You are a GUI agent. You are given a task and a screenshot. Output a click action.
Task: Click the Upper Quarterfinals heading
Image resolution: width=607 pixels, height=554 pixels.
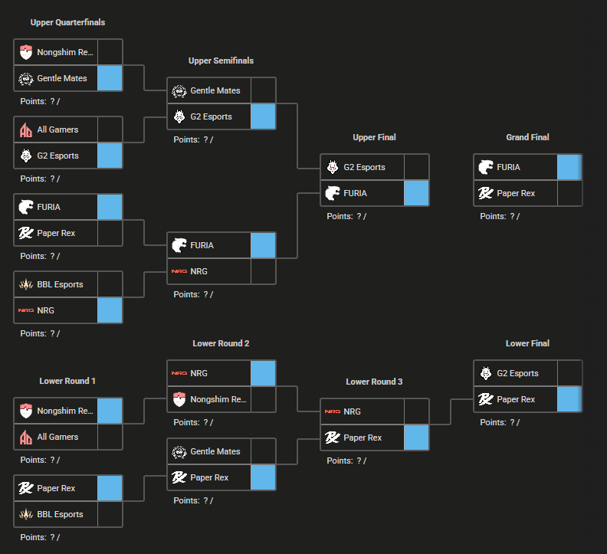(x=67, y=22)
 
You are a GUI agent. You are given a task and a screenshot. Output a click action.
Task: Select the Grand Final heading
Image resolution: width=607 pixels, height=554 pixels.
(x=527, y=137)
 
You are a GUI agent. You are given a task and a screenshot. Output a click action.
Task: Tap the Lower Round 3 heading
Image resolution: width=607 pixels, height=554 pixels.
(x=374, y=382)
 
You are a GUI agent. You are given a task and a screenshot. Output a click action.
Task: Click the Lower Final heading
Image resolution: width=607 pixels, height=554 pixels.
(x=527, y=343)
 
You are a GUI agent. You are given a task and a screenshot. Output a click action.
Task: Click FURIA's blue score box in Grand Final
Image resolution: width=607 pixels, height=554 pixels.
(x=569, y=167)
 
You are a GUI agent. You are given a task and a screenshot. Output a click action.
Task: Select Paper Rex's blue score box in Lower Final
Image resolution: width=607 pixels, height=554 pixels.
(x=569, y=399)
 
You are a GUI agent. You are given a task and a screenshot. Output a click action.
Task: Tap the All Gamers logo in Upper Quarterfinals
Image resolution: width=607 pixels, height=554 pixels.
(x=26, y=130)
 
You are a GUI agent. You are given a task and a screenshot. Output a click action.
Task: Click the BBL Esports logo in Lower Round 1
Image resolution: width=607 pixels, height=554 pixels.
(x=26, y=514)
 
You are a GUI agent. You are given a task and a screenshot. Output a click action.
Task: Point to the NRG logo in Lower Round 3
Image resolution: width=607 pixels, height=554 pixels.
(x=333, y=411)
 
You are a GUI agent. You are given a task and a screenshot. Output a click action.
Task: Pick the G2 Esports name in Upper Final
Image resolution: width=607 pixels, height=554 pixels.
(x=364, y=167)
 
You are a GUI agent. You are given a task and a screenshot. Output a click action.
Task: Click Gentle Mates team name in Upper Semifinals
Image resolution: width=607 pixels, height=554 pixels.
(x=215, y=90)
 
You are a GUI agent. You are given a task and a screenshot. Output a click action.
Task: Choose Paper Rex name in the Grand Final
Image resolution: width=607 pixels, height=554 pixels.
(x=516, y=193)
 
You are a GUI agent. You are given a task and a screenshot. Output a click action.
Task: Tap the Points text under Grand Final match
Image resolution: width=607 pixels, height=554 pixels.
(x=500, y=216)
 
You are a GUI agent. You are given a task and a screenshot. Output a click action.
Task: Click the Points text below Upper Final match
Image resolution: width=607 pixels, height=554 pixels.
(x=346, y=216)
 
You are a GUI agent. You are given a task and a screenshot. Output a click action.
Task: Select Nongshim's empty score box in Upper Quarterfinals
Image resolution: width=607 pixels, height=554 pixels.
(x=110, y=52)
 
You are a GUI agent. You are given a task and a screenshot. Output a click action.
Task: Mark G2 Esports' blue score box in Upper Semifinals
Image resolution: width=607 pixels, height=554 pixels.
(x=263, y=116)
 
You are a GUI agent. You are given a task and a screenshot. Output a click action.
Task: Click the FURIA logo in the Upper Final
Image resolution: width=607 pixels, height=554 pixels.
(x=333, y=193)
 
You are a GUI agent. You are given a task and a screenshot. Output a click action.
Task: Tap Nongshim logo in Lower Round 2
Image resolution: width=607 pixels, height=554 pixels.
(x=179, y=399)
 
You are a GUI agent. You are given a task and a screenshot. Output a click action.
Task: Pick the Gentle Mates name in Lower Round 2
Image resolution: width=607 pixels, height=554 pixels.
(x=215, y=451)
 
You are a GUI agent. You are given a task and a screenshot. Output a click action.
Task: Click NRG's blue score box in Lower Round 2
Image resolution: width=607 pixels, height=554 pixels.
(x=263, y=373)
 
